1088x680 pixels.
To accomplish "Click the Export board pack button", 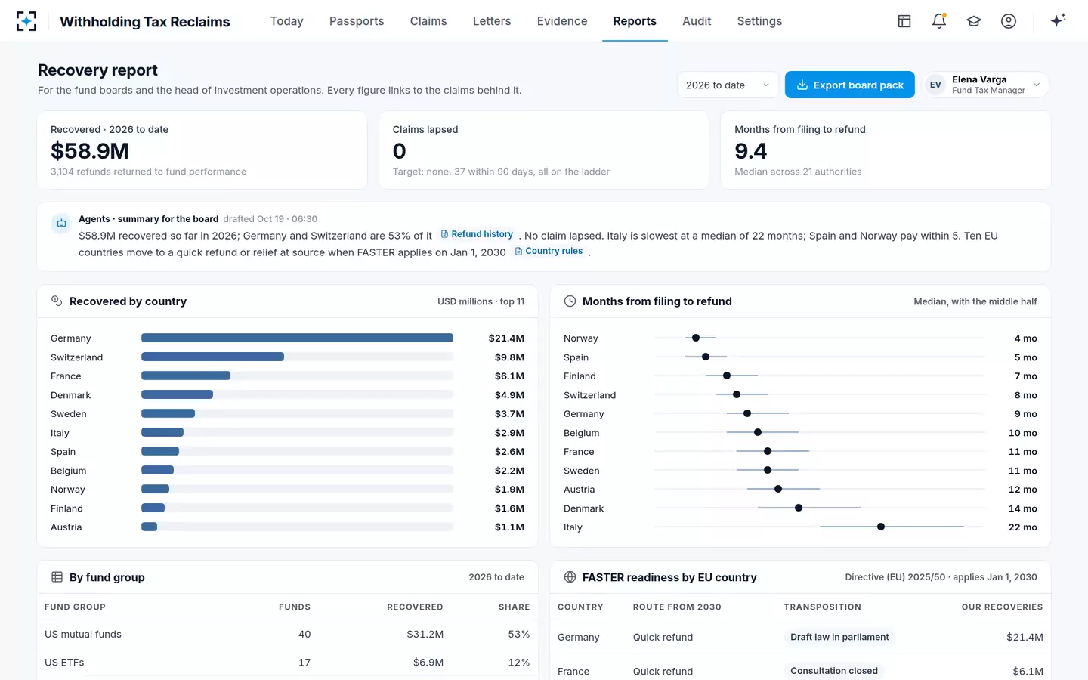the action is (x=849, y=85).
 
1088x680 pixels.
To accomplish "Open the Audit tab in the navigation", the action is (x=697, y=21).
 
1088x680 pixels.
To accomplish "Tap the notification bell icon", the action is (x=939, y=21).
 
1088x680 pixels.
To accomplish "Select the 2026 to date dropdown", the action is (x=728, y=85).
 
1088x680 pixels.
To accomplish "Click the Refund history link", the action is (x=477, y=234).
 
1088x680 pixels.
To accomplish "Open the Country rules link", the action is (x=549, y=251).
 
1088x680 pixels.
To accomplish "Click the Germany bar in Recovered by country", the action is (x=297, y=338).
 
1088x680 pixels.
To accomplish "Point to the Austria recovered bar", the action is (x=149, y=527).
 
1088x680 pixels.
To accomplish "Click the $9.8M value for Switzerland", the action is (x=509, y=357).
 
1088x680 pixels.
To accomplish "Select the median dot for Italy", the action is (x=881, y=527).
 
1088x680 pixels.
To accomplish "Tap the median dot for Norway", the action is (x=696, y=338).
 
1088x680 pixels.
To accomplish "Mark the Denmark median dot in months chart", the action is (x=799, y=508).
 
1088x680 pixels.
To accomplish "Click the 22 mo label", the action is (x=1022, y=527).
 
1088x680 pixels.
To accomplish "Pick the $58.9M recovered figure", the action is (x=90, y=150).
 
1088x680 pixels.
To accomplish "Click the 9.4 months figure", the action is (x=750, y=150).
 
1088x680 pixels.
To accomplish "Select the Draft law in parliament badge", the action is (x=839, y=637).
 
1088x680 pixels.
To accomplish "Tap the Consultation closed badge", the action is (x=834, y=671).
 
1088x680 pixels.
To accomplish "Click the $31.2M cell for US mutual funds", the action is (x=425, y=634).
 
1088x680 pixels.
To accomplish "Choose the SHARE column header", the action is (x=514, y=607).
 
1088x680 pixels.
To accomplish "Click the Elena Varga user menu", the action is (x=985, y=85).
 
